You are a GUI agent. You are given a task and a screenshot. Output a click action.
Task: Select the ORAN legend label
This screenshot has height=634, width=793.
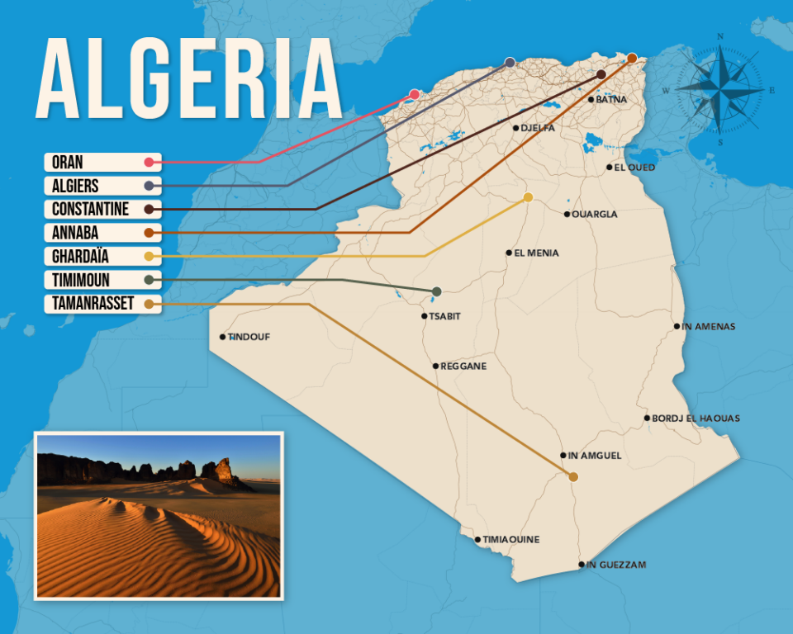(x=68, y=162)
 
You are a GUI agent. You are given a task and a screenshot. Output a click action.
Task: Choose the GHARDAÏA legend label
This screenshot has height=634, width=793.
(x=80, y=257)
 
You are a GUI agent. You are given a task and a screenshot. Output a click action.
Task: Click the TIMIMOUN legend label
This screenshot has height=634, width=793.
(x=80, y=281)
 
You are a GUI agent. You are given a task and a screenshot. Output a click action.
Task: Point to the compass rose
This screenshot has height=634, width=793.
(x=720, y=87)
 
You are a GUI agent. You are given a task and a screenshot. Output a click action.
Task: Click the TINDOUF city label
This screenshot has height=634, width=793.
(x=249, y=337)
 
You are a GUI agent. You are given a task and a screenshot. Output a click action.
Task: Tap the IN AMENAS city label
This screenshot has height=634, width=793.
(x=709, y=326)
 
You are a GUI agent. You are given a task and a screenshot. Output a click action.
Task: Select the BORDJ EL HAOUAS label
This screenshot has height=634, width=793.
(x=696, y=419)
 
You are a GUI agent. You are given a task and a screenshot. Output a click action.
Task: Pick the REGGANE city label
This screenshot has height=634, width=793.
(x=463, y=366)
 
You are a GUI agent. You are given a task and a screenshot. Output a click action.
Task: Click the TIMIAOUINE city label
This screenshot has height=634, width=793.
(x=511, y=540)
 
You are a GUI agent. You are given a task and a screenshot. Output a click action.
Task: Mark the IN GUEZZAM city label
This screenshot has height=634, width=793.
(x=616, y=565)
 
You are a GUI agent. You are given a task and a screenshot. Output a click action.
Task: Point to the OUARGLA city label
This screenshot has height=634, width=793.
(x=596, y=215)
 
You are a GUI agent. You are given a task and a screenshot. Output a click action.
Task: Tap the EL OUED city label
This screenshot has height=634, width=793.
(x=634, y=168)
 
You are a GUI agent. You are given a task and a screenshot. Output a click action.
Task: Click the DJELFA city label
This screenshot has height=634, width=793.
(x=538, y=128)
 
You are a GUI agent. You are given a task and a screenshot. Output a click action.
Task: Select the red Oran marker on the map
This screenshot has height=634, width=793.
(x=415, y=94)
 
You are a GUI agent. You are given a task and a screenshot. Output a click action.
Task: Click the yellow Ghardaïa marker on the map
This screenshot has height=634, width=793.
(x=528, y=196)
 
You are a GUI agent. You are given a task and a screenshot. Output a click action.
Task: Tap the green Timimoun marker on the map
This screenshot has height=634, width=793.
(x=436, y=291)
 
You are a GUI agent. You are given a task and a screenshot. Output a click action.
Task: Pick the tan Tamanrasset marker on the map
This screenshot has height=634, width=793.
(x=573, y=476)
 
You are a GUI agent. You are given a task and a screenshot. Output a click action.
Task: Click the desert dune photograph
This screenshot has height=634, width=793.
(x=159, y=514)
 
